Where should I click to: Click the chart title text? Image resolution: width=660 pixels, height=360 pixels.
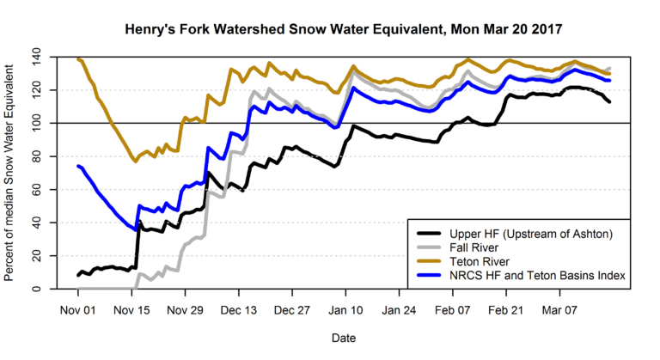(344, 28)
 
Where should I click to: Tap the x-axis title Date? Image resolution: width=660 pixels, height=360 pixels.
(344, 339)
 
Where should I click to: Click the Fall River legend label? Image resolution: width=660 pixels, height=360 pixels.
(475, 247)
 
